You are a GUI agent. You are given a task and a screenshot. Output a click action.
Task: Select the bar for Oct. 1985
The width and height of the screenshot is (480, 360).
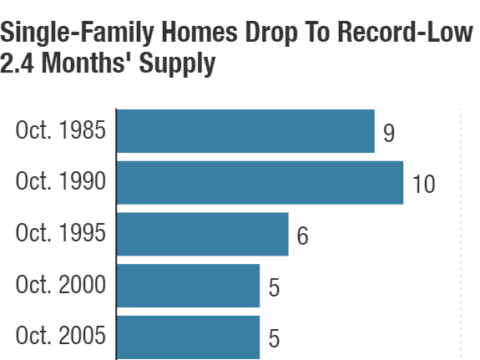[x=245, y=131]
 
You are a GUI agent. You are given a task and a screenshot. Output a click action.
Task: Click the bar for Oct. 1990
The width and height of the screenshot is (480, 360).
[x=260, y=183]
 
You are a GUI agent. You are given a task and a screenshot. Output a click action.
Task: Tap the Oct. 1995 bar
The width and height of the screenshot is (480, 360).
[x=202, y=234]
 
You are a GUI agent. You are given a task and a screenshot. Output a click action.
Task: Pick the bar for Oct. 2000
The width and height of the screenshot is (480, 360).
[x=188, y=286]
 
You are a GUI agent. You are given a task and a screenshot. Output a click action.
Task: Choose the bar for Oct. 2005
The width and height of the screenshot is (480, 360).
[x=188, y=337]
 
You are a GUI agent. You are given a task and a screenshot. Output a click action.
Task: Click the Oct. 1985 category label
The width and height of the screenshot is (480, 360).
[x=61, y=131]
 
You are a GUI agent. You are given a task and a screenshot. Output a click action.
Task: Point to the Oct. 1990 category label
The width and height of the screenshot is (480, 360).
[x=61, y=183]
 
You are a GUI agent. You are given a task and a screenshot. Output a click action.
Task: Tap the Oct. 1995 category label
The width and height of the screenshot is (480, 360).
[x=61, y=234]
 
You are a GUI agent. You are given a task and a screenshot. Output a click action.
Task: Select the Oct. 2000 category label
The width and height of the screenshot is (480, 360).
[x=61, y=286]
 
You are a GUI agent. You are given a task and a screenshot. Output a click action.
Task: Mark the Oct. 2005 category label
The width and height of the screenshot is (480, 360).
[x=61, y=337]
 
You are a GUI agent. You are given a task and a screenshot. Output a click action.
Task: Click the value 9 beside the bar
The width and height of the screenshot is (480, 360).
[x=388, y=132]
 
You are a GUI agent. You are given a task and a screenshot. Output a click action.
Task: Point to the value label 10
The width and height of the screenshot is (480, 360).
[x=423, y=184]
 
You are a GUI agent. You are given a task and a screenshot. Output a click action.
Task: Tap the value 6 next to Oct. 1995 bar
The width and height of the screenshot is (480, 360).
[x=302, y=236]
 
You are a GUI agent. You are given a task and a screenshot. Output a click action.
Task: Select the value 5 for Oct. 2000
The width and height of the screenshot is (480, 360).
[x=274, y=286]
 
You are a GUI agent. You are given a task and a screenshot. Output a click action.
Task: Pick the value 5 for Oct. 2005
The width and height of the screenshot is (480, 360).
[x=274, y=338]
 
